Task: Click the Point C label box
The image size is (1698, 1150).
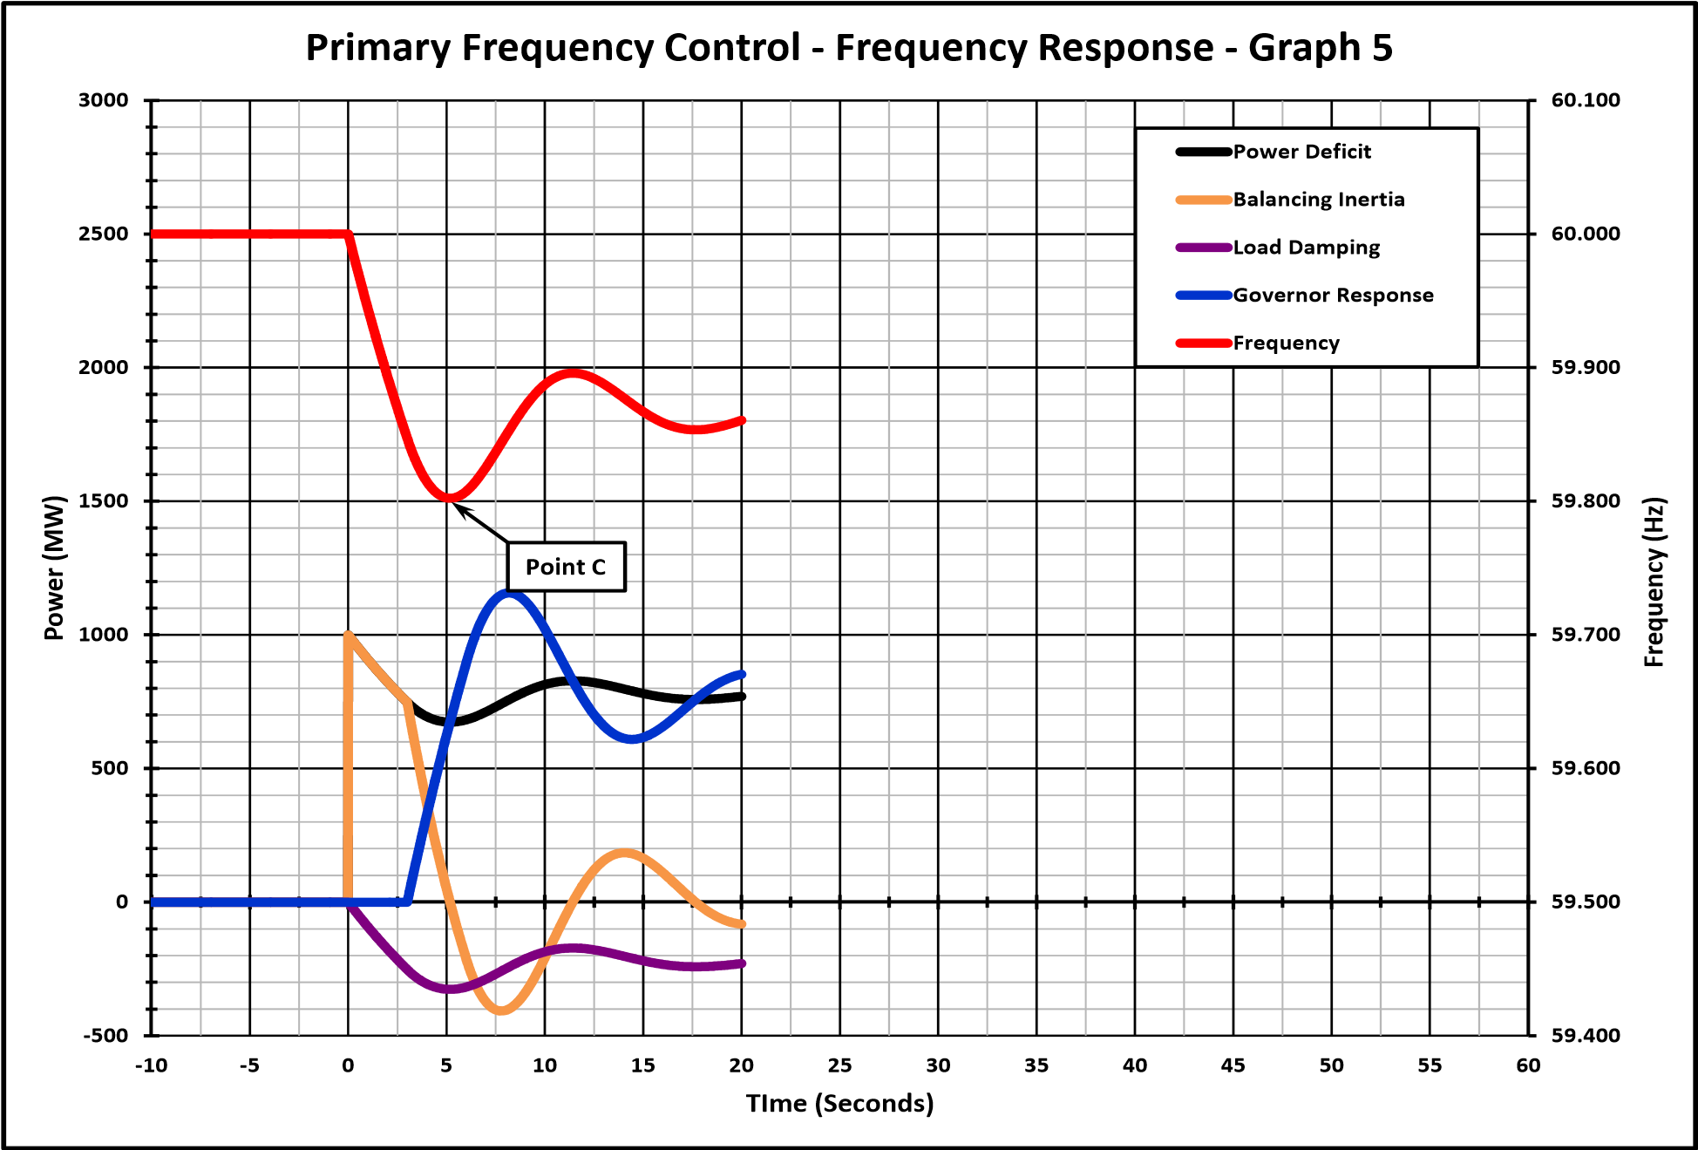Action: (566, 567)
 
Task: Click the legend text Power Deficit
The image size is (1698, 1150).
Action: (1301, 152)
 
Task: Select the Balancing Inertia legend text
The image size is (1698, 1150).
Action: (1318, 200)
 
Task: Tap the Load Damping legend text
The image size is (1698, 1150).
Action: (1306, 248)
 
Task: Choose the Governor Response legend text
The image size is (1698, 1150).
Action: (1333, 296)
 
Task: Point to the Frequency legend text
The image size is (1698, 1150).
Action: (1286, 344)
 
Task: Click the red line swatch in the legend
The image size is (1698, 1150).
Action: (1203, 344)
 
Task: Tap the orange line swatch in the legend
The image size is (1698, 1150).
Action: (1203, 200)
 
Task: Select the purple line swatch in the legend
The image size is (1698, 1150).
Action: (1203, 248)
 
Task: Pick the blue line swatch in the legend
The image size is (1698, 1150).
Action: (1203, 296)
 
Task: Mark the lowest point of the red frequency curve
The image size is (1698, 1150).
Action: (449, 498)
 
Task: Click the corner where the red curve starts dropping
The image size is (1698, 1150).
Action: (349, 235)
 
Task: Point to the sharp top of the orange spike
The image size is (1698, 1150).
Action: (349, 635)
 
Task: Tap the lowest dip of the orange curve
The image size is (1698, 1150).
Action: (501, 1011)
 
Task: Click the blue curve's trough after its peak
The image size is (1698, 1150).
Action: (632, 739)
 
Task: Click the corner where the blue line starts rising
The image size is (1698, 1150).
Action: (407, 902)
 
